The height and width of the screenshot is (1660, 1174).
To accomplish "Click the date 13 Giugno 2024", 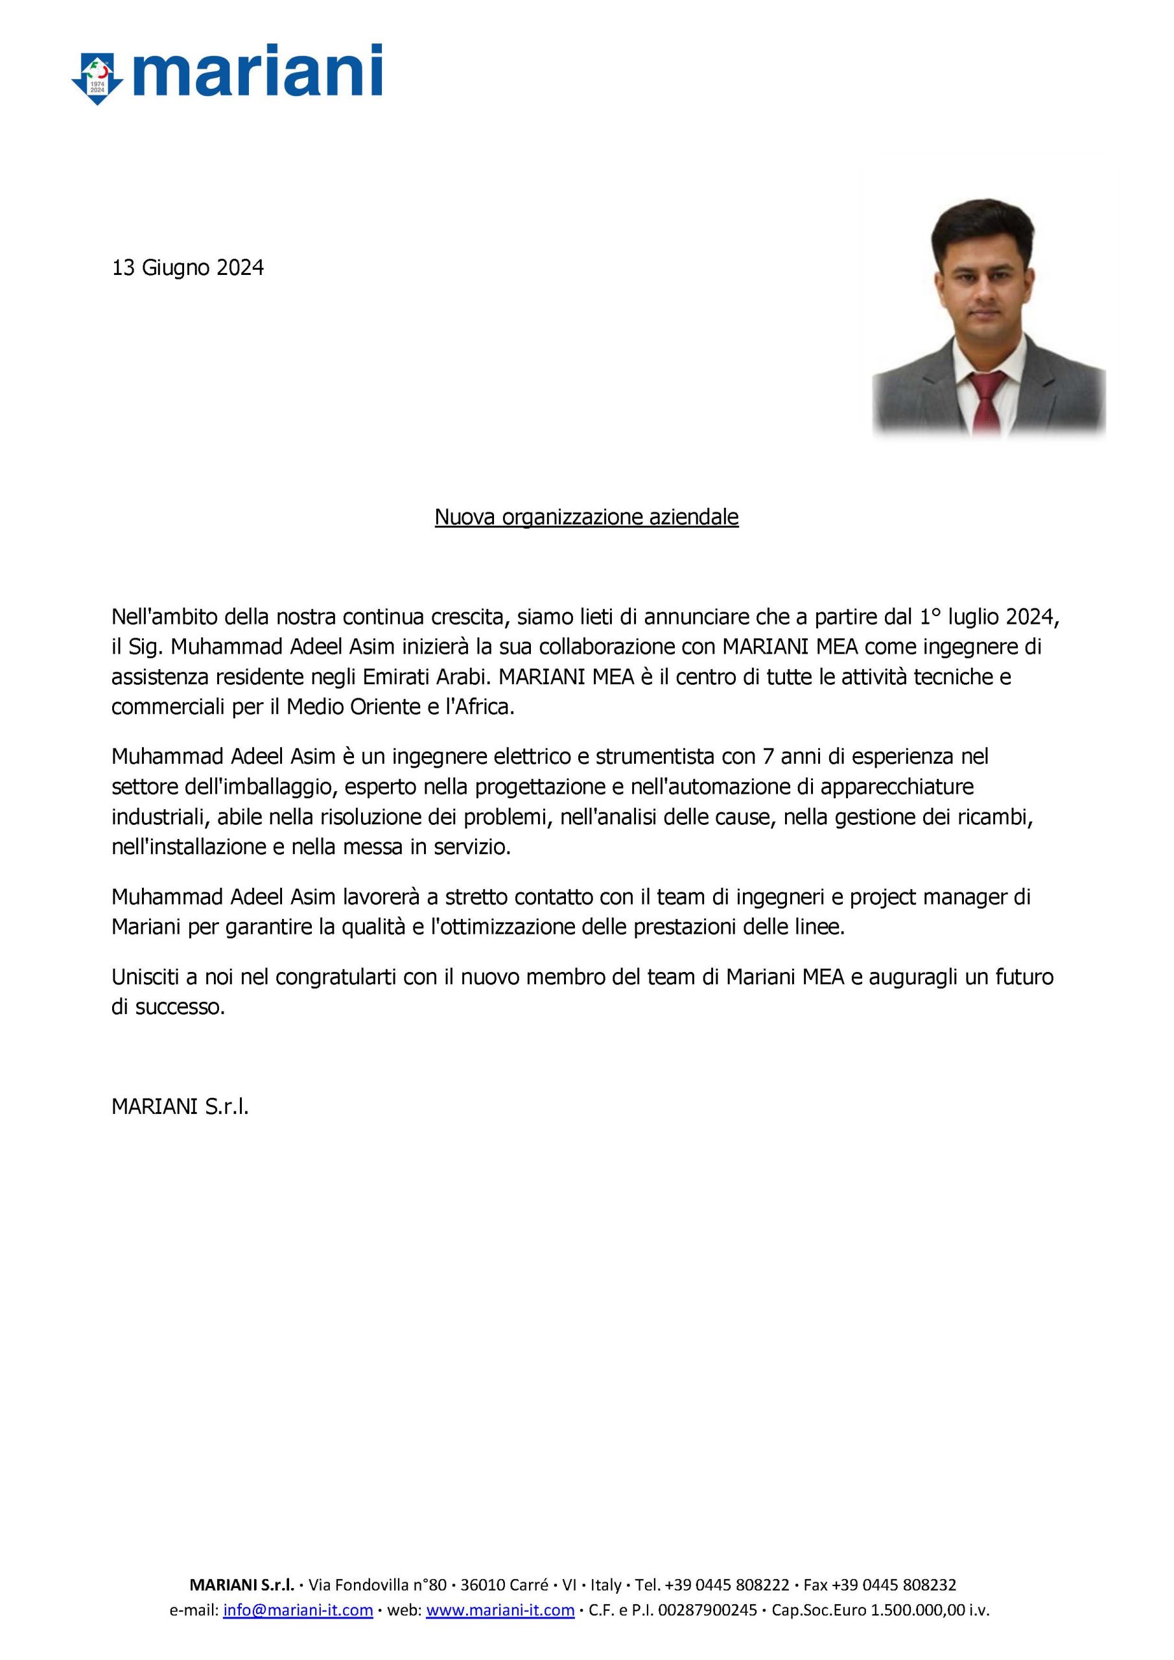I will (x=187, y=268).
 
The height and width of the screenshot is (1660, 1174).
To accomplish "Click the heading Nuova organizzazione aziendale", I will (x=586, y=517).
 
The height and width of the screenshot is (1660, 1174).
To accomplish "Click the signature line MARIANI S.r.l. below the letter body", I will (x=180, y=1106).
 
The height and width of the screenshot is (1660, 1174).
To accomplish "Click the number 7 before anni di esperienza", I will (x=768, y=756).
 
